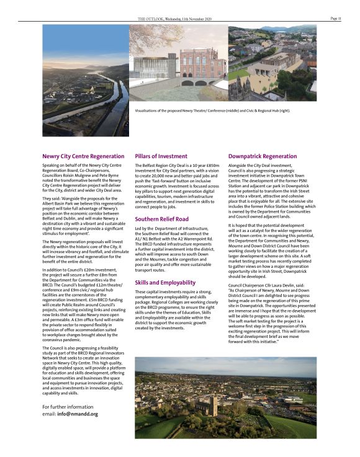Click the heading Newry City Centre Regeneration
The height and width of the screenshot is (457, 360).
[x=83, y=156]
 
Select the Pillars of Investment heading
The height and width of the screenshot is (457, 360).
[x=161, y=156]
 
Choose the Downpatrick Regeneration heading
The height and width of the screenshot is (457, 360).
[x=263, y=156]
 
